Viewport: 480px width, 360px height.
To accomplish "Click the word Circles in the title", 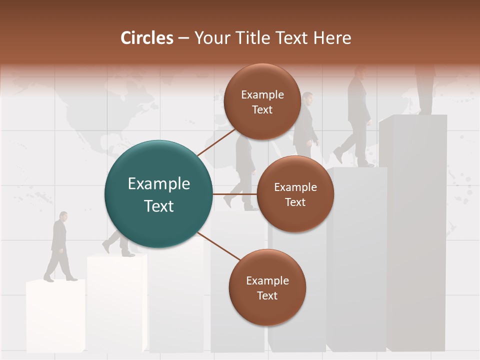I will point(146,38).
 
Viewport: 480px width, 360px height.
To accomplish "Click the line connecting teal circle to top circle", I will point(216,142).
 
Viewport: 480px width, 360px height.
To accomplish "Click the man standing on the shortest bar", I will point(59,247).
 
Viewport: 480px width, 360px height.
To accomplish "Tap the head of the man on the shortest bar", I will point(62,216).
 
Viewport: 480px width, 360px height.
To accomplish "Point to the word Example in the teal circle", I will point(159,183).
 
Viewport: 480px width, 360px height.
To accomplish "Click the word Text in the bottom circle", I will point(267,295).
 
